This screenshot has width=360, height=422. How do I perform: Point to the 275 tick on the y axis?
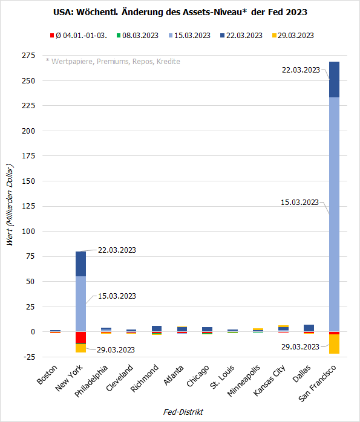[28, 56]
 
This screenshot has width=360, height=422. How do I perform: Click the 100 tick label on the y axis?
[28, 232]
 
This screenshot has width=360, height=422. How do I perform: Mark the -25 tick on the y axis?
[28, 357]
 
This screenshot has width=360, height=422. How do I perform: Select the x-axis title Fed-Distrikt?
[183, 412]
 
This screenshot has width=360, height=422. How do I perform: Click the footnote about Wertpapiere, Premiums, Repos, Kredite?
[113, 62]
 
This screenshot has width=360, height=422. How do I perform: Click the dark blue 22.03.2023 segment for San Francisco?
[334, 79]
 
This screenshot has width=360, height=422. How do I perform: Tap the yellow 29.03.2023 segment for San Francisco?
[334, 343]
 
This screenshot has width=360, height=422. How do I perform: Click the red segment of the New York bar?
[80, 337]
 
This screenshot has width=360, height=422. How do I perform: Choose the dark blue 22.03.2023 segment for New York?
[80, 264]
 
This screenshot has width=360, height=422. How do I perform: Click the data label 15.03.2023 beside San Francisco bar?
[300, 202]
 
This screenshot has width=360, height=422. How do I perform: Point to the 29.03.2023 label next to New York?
[116, 349]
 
